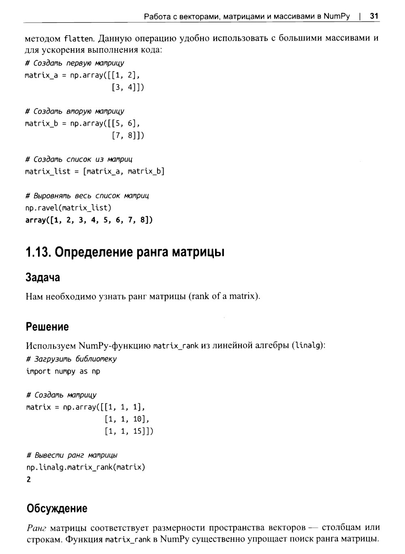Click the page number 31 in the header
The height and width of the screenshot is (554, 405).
click(x=374, y=16)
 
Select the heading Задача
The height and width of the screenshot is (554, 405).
click(x=43, y=278)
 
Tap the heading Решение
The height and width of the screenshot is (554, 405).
click(x=47, y=327)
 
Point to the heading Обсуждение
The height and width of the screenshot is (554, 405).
click(x=57, y=508)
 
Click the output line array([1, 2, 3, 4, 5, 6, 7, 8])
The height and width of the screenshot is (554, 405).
click(x=89, y=220)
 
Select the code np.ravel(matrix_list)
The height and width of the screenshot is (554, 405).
click(x=68, y=208)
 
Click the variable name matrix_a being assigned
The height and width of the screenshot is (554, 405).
click(x=41, y=75)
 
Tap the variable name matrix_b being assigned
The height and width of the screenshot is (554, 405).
click(x=41, y=124)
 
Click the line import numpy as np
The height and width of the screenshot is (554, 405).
click(x=63, y=371)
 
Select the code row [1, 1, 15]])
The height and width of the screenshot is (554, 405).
click(x=129, y=431)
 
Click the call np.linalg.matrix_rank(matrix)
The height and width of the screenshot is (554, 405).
click(x=85, y=467)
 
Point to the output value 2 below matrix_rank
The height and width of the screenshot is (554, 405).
click(x=28, y=479)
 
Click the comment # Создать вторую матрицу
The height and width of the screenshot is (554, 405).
click(x=75, y=111)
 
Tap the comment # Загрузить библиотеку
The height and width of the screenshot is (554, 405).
click(x=71, y=359)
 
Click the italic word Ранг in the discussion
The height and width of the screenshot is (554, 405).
click(x=37, y=528)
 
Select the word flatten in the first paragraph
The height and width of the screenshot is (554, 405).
click(x=79, y=39)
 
